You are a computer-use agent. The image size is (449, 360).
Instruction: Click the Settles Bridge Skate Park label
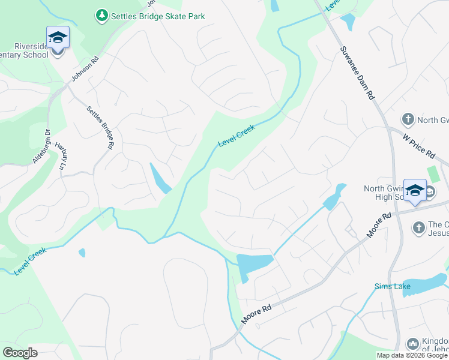pos(158,16)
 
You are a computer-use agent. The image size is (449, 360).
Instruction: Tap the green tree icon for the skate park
pos(103,15)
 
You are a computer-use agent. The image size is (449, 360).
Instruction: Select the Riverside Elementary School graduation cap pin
pos(58,38)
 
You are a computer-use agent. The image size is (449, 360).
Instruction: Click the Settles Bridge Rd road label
pos(100,127)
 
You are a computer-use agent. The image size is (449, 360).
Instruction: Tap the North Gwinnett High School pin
pos(415,190)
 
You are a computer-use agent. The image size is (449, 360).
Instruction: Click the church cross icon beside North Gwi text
pos(408,119)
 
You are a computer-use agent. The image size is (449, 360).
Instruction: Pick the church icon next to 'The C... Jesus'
pos(419,227)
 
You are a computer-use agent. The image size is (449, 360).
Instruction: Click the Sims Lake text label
pos(392,286)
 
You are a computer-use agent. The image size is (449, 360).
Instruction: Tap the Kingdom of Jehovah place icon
pos(412,344)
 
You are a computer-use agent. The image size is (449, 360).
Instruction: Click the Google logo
pos(19,353)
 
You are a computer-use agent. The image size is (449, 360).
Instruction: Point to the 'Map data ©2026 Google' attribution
pos(412,355)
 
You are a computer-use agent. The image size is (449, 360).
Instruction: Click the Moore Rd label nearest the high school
pos(379,224)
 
